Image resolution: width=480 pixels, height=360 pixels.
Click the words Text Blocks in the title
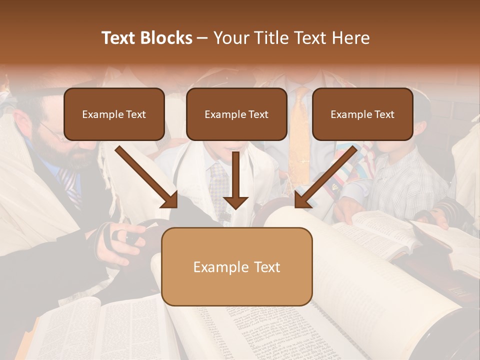click(147, 38)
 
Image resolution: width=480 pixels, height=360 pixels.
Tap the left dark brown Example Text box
click(114, 114)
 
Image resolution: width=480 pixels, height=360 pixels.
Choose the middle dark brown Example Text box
click(236, 114)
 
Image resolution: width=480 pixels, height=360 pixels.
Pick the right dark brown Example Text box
click(362, 114)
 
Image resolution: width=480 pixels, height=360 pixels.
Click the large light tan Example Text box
click(236, 266)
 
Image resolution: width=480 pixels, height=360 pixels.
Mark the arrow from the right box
click(326, 176)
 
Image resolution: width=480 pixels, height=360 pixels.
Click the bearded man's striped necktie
click(69, 185)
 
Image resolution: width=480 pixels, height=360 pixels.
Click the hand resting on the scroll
click(122, 235)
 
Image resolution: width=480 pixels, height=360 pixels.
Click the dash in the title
click(203, 38)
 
